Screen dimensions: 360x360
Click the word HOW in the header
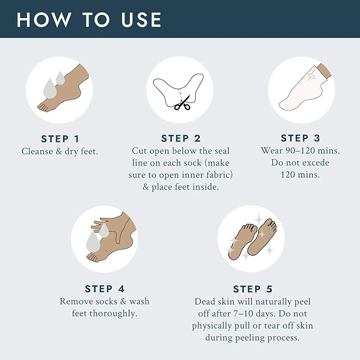pos(44,20)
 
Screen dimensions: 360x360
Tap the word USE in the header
pos(141,20)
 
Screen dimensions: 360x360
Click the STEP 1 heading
pos(60,139)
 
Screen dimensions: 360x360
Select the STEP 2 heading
pos(181,138)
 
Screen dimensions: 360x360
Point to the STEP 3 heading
pos(300,138)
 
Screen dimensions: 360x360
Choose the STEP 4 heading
pos(104,289)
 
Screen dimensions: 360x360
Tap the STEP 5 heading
pos(253,289)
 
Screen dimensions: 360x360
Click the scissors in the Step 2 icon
pos(183,103)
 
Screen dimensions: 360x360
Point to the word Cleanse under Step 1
pos(37,151)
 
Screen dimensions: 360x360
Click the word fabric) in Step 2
pos(219,175)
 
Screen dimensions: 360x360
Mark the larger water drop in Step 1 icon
pos(50,89)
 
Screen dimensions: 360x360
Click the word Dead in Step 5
pos(203,302)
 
